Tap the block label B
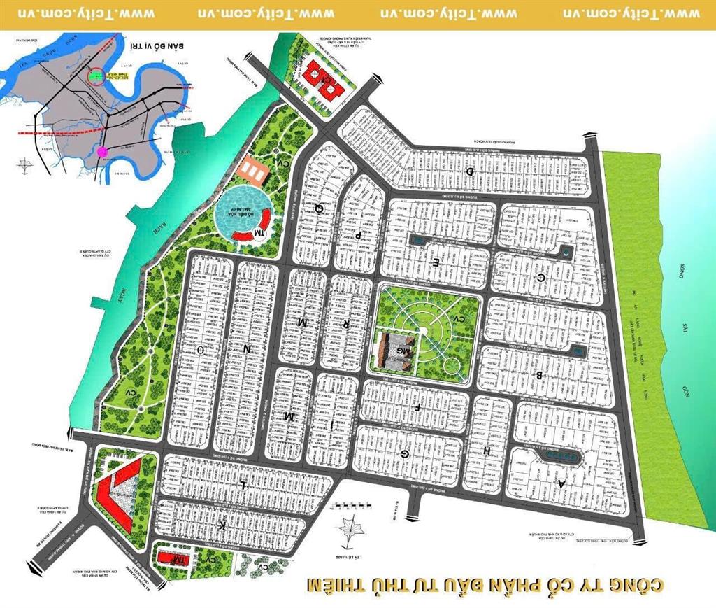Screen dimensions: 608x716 pos(539,375)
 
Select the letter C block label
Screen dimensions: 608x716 pos(540,277)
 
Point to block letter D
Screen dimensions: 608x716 pos(471,171)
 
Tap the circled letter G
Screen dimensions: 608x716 pos(404,453)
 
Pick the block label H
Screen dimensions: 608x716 pos(487,451)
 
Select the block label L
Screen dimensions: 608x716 pos(242,483)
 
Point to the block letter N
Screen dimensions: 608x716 pos(246,347)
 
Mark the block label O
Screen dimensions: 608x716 pos(200,348)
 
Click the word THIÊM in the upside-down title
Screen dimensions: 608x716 pos(334,585)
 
